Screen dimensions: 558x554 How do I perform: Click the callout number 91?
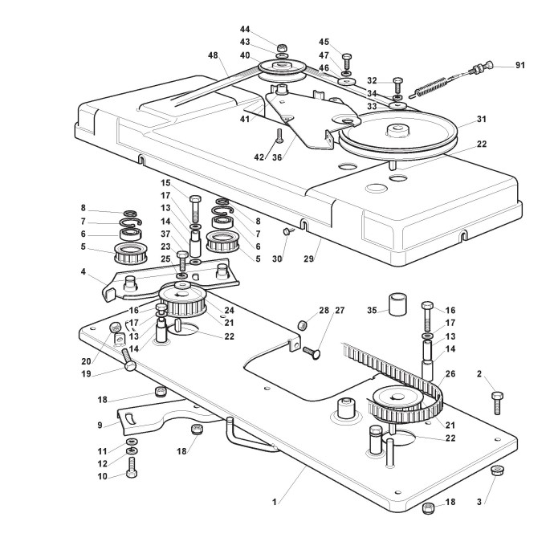pos(519,65)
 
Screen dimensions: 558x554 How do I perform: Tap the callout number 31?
pos(481,120)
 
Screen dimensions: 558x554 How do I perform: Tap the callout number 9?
pos(100,426)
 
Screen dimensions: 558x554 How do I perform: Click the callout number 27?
pos(339,309)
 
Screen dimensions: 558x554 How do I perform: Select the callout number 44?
pos(245,29)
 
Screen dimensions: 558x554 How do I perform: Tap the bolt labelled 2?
pos(499,397)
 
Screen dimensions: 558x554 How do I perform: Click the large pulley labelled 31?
pos(398,136)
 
